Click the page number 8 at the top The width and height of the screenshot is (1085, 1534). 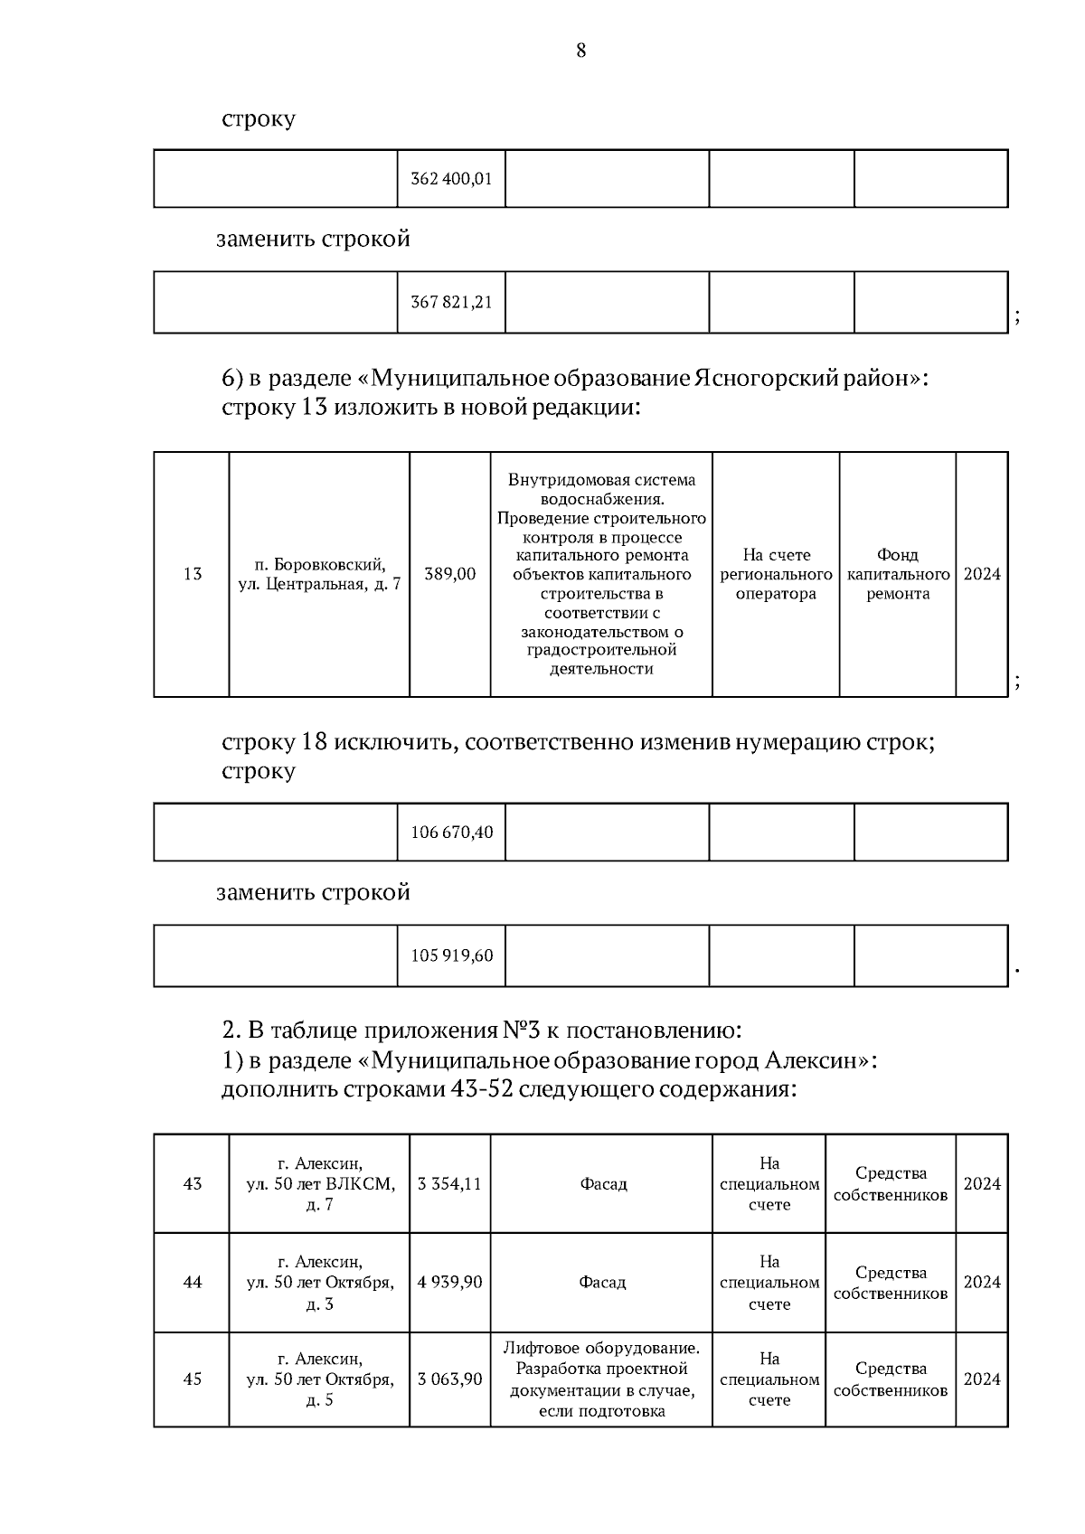point(580,51)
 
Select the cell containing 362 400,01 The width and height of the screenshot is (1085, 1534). point(451,179)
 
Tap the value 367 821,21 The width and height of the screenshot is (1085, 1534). point(451,302)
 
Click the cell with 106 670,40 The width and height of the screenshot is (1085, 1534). point(451,832)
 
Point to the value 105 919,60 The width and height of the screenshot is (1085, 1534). point(451,955)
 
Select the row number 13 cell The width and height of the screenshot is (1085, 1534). point(192,574)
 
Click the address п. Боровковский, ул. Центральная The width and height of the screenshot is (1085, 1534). point(319,574)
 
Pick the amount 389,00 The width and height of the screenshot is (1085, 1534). point(449,574)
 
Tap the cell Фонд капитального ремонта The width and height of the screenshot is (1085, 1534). point(898,574)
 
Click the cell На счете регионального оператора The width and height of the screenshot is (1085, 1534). point(776,574)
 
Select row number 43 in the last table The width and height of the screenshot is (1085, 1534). point(192,1183)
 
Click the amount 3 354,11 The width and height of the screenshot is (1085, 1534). point(449,1183)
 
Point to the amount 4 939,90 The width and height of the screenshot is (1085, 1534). point(449,1282)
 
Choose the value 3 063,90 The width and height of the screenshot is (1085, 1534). point(449,1379)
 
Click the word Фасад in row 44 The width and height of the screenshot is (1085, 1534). point(602,1282)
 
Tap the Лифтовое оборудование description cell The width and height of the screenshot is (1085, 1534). point(602,1379)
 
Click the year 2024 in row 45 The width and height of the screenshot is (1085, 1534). point(982,1379)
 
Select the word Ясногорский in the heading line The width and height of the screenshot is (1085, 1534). point(763,378)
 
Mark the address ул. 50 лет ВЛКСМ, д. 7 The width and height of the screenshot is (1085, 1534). point(319,1184)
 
